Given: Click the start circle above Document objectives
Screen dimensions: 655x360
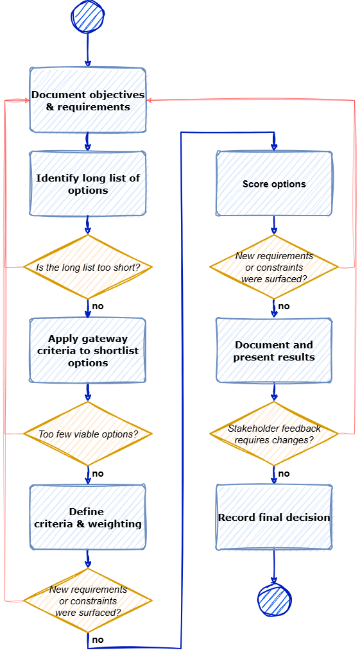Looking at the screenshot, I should [x=88, y=17].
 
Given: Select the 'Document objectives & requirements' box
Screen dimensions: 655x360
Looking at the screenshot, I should [x=88, y=100].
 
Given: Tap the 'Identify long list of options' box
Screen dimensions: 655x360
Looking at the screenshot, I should [x=88, y=183].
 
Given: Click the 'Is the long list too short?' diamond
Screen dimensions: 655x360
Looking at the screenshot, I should [x=88, y=267].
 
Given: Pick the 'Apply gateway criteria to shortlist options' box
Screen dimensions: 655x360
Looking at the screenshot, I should [x=88, y=350].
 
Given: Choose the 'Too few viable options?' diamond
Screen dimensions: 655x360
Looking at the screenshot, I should [x=88, y=434].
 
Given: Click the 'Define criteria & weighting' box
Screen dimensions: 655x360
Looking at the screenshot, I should [x=88, y=517].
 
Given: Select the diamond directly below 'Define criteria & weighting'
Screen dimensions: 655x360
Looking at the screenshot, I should [x=88, y=600].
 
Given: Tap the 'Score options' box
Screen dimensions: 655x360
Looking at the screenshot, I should [x=274, y=183].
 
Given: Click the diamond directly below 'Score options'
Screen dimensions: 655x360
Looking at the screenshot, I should [x=274, y=267].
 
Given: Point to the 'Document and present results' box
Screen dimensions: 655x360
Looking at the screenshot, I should [x=274, y=350].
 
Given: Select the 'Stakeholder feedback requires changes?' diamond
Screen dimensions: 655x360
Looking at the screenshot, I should [x=274, y=434].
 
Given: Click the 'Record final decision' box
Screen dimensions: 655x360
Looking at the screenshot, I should [x=274, y=517].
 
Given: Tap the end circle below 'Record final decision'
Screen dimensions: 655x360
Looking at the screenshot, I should [x=274, y=600].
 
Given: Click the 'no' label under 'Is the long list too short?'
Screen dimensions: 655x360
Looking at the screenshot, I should [x=98, y=306].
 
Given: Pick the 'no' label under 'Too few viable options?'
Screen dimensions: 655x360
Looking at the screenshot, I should [x=98, y=473].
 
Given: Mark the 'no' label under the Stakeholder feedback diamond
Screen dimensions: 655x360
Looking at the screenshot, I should [x=284, y=473].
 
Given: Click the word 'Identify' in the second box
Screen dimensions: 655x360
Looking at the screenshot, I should [x=53, y=178].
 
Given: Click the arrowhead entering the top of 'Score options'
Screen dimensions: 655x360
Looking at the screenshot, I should [x=274, y=148].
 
